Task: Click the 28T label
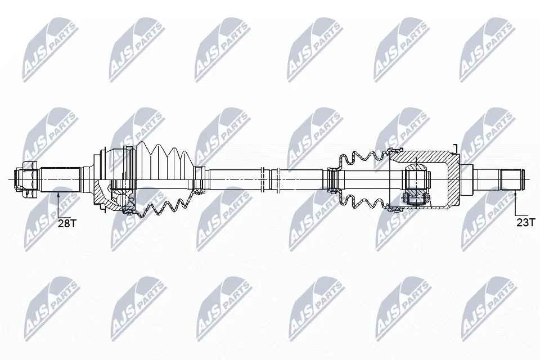point(66,223)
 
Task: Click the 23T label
point(525,223)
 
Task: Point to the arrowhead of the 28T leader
point(58,192)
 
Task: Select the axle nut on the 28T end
point(26,179)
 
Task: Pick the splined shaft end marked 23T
point(512,179)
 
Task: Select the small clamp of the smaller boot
point(333,179)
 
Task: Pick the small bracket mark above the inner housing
point(457,148)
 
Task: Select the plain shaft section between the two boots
point(236,179)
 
